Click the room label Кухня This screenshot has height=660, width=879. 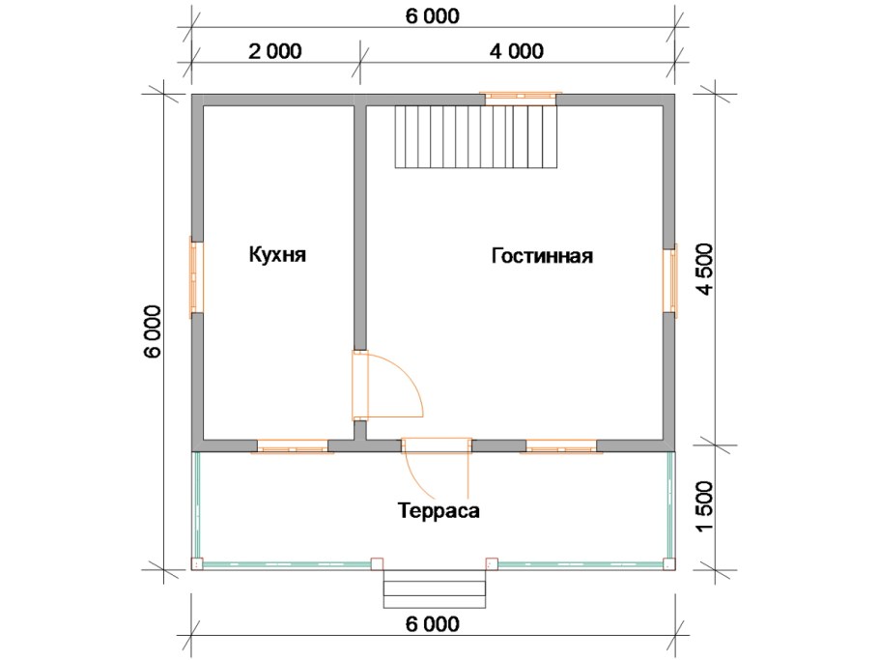(277, 255)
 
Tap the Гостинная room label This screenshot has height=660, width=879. (542, 256)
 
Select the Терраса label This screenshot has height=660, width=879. (438, 510)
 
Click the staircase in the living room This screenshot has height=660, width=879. (476, 136)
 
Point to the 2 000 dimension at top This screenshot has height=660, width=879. (275, 51)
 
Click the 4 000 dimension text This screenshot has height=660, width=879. (516, 51)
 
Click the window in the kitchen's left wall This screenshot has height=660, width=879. (195, 276)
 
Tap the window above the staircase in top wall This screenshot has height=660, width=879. (521, 96)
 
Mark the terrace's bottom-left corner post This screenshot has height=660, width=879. (197, 561)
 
